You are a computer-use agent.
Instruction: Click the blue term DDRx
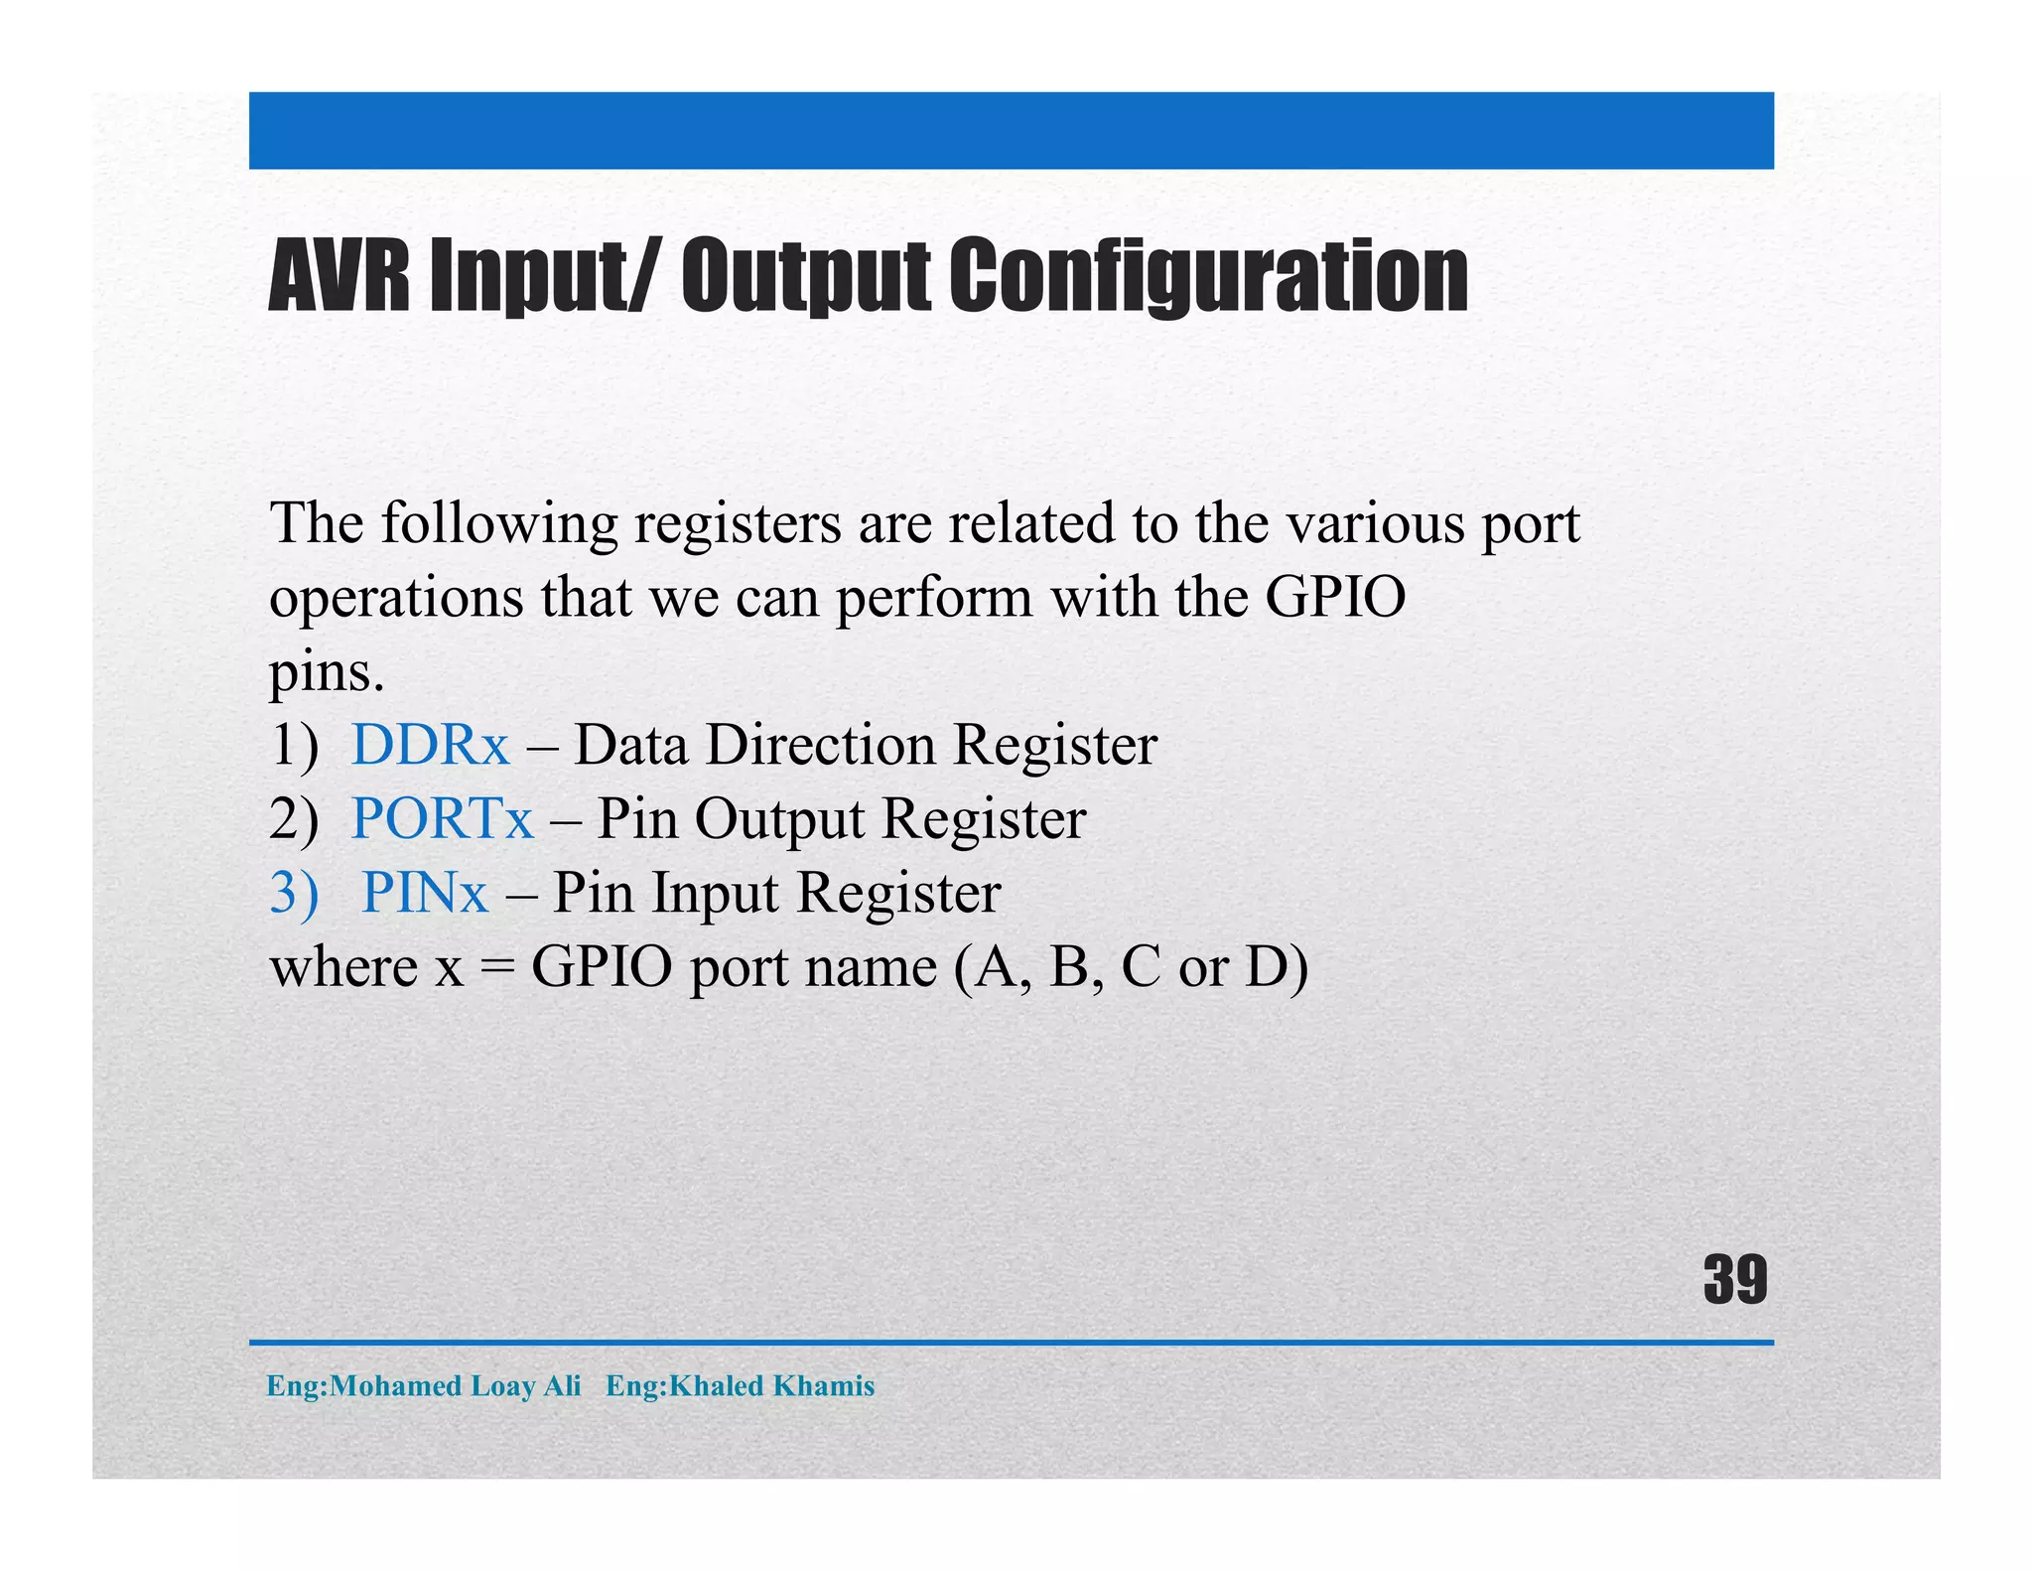coord(430,745)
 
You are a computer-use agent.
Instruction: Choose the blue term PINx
coord(424,892)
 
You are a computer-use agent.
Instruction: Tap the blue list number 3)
coord(294,892)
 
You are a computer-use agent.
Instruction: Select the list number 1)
coord(294,745)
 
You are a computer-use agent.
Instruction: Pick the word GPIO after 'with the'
coord(1335,598)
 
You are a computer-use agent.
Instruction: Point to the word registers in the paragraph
coord(738,524)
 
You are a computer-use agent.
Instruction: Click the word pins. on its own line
coord(327,673)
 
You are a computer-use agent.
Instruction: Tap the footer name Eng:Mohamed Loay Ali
coord(423,1385)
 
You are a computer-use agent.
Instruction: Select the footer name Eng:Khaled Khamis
coord(740,1385)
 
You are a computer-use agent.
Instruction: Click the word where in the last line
coord(343,966)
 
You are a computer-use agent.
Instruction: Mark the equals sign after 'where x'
coord(496,968)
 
